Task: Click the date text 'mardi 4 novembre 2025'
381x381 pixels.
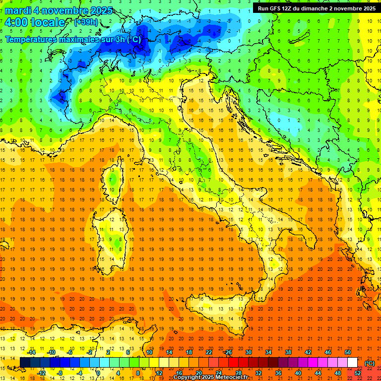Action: pyautogui.click(x=59, y=10)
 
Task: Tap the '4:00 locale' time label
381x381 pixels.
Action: pyautogui.click(x=35, y=22)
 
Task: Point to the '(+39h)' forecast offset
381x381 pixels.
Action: pyautogui.click(x=86, y=22)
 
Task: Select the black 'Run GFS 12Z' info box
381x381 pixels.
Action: pyautogui.click(x=316, y=8)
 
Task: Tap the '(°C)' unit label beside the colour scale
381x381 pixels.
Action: pyautogui.click(x=370, y=363)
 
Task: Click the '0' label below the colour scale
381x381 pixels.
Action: pyautogui.click(x=98, y=373)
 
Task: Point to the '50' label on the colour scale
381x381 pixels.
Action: pyautogui.click(x=347, y=352)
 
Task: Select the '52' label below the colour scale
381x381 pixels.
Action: pyautogui.click(x=358, y=373)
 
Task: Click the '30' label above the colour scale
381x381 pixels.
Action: pyautogui.click(x=248, y=352)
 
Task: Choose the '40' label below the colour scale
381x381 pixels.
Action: pyautogui.click(x=298, y=373)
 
